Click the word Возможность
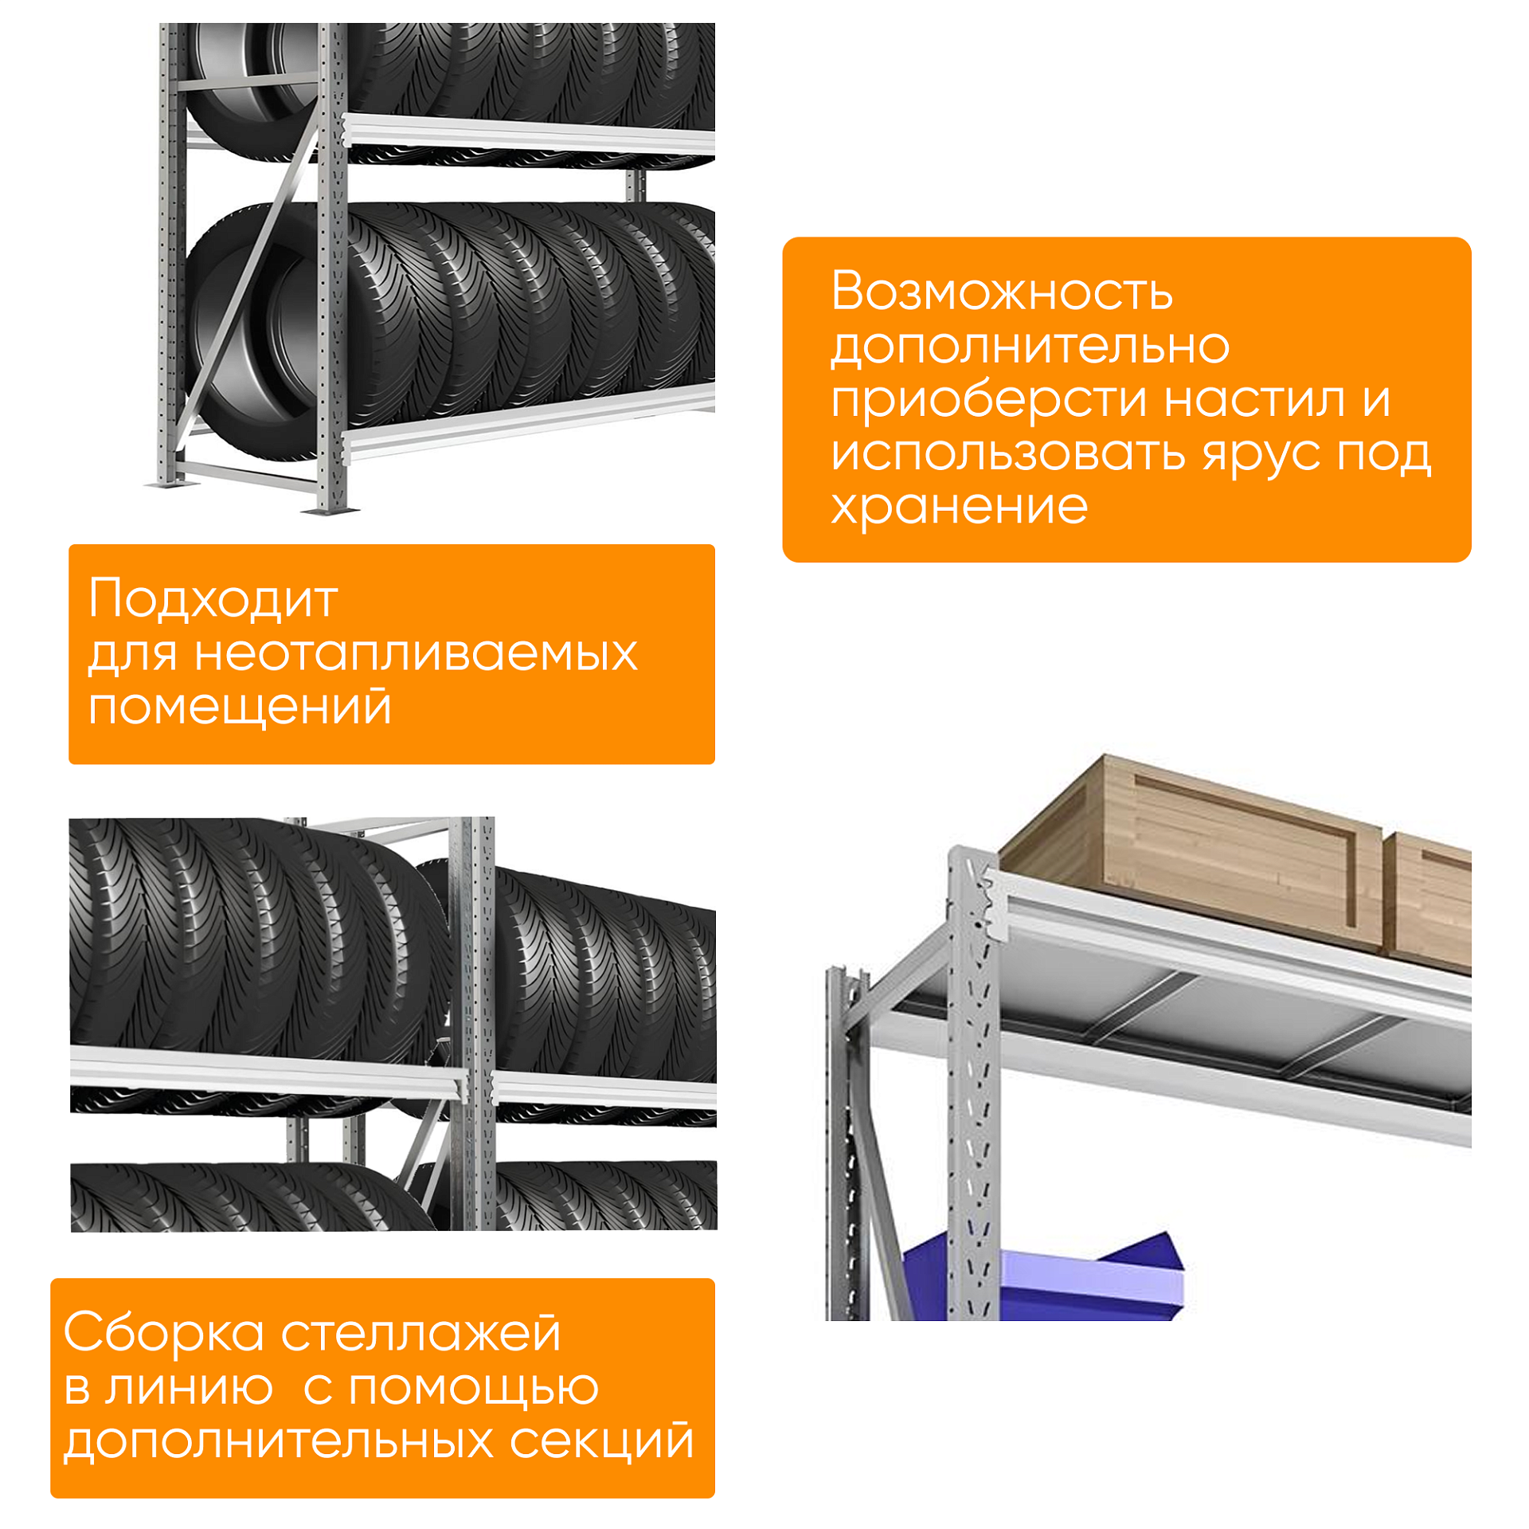click(1001, 292)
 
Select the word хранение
click(959, 507)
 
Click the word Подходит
click(213, 599)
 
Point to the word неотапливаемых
click(416, 653)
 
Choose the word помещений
click(240, 707)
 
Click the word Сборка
click(163, 1333)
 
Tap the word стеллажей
click(420, 1333)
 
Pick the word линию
click(189, 1387)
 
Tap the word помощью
click(473, 1387)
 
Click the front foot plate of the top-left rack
click(330, 508)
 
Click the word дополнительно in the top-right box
click(1030, 346)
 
